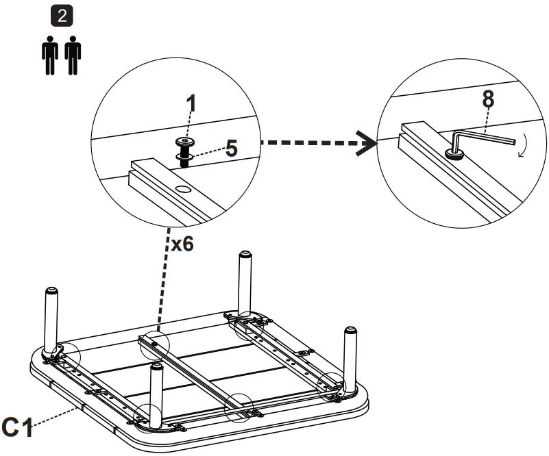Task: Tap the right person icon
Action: (x=73, y=58)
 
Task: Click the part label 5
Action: (x=232, y=149)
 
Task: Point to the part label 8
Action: (x=487, y=99)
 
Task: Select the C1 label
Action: (x=18, y=428)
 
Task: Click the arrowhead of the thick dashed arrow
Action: (x=369, y=144)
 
